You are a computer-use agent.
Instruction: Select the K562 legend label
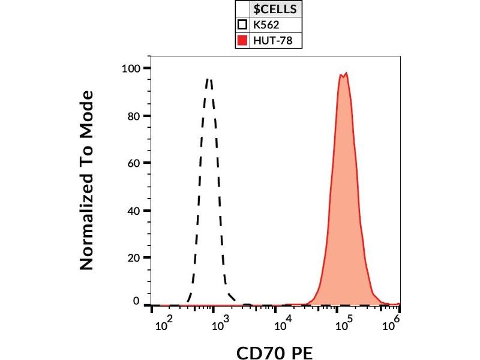pos(267,25)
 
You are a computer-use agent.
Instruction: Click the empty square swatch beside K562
pos(242,25)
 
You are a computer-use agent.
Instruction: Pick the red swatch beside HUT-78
pos(242,41)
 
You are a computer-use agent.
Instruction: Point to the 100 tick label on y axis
pos(131,68)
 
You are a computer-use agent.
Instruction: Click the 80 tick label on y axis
pos(134,116)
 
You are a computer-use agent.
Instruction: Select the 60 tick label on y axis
pos(134,163)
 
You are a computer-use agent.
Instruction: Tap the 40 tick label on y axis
pos(134,211)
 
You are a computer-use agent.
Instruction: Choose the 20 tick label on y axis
pos(134,258)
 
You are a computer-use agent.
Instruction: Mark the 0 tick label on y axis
pos(136,301)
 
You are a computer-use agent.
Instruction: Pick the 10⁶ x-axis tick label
pos(392,325)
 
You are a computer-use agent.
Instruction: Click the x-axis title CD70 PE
pos(275,352)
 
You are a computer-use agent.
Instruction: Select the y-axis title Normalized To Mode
pos(88,180)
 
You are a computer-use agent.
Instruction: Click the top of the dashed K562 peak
pos(209,79)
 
